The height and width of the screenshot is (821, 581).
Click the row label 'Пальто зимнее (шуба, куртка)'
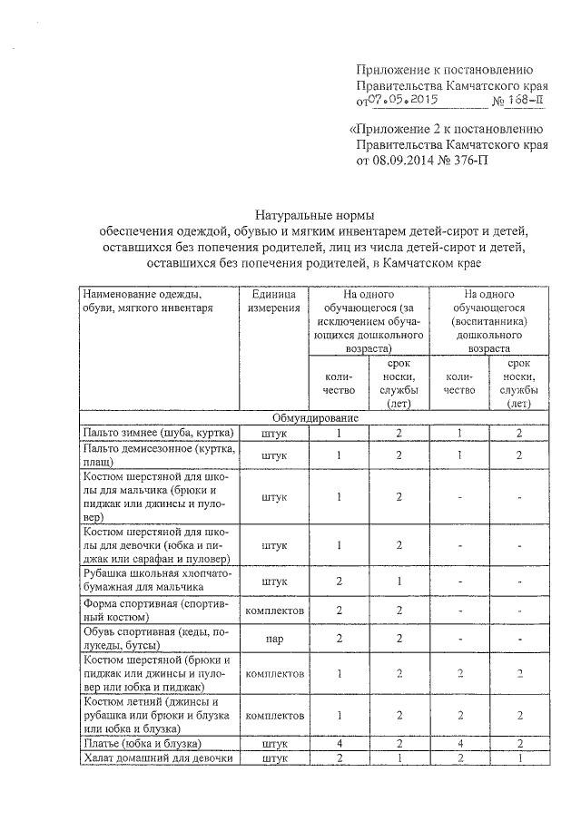(x=159, y=433)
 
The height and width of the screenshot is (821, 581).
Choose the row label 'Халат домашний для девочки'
(x=159, y=758)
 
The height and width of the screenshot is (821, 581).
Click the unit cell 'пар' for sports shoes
(x=274, y=639)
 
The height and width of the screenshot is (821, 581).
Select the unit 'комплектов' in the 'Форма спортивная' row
(x=274, y=610)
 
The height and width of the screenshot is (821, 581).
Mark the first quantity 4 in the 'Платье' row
(x=338, y=743)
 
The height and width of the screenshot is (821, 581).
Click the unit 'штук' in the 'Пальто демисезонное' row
(x=274, y=454)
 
